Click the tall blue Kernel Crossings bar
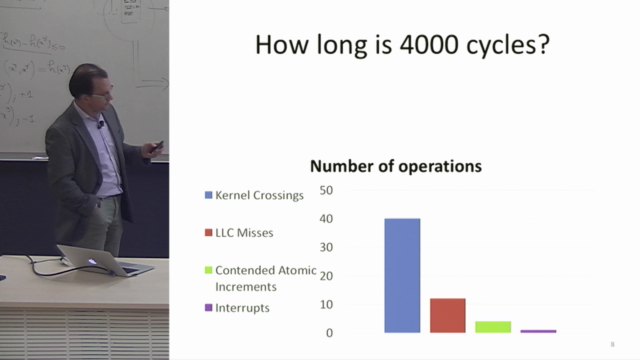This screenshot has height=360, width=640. coord(402,275)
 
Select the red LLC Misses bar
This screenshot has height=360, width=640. coord(448,315)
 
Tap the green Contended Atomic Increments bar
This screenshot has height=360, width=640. coord(493,327)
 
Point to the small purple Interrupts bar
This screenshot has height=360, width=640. coord(538,330)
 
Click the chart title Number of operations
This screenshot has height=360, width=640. coord(396,166)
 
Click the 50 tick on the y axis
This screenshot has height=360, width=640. coord(326,189)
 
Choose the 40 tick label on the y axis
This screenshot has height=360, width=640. coord(326,218)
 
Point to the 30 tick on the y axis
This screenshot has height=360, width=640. coord(326,247)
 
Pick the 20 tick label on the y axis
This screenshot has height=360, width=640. coord(326,275)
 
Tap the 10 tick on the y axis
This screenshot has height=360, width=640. coord(326,304)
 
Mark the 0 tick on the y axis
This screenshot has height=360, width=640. coord(329,332)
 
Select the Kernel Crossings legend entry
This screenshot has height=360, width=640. coord(259,195)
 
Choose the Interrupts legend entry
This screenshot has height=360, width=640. coord(242,308)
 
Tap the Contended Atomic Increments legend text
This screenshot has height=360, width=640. coord(266,278)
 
